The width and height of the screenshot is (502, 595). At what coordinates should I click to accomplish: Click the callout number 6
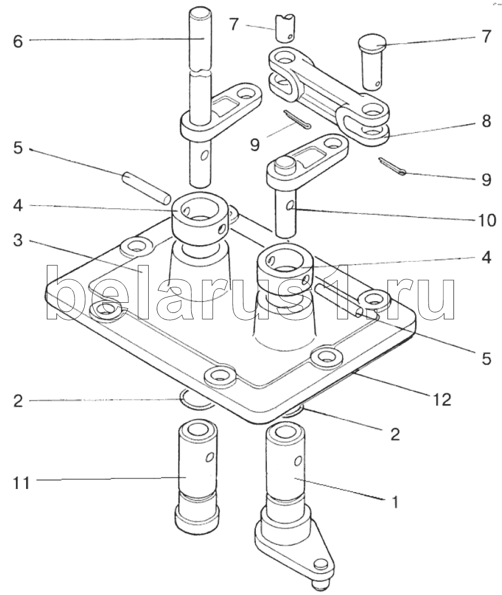[18, 41]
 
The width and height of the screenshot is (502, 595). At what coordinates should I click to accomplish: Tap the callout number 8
[485, 122]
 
